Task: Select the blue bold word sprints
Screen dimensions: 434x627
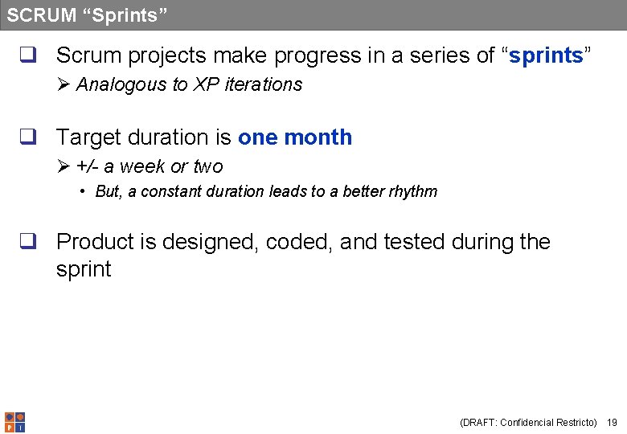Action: [x=547, y=55]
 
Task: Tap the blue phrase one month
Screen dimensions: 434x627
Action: [x=295, y=137]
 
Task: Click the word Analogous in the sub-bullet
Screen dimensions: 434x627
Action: [x=121, y=85]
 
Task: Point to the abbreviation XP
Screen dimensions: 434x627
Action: [x=207, y=85]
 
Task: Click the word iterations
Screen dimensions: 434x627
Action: [x=264, y=85]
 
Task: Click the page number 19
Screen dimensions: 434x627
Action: [x=612, y=422]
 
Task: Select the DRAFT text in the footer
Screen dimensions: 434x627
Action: [x=478, y=422]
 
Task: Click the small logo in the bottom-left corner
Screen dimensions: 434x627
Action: [x=14, y=422]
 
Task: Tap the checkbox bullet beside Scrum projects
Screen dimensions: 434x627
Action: [x=29, y=56]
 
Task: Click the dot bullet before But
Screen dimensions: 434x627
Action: [x=83, y=192]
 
